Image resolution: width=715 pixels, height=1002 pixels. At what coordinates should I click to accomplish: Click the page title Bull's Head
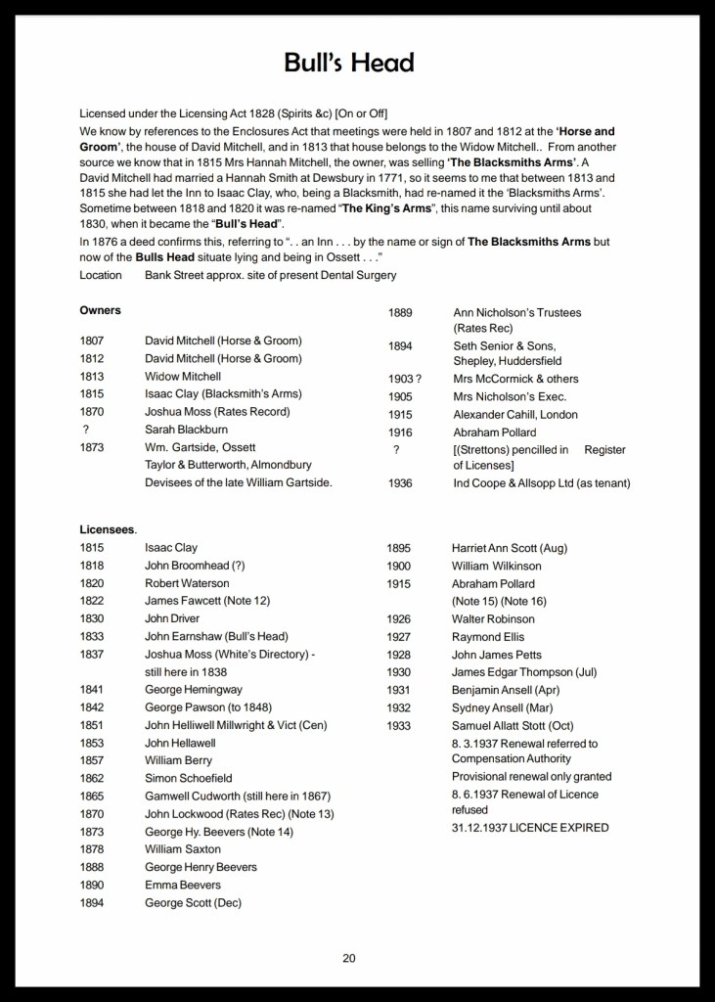click(349, 64)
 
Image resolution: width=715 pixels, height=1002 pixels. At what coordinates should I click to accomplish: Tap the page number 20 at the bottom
click(349, 957)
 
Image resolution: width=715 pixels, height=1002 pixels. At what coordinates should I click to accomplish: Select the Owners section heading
click(100, 310)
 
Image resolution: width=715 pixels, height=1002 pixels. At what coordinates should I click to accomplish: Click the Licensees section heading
click(108, 529)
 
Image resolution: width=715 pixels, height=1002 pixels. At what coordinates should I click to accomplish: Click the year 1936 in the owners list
click(401, 483)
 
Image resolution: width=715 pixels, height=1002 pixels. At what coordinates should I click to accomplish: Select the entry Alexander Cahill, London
click(516, 414)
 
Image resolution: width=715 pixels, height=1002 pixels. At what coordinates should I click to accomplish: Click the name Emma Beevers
click(183, 885)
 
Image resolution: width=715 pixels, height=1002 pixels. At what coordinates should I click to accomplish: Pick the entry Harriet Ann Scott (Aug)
click(509, 548)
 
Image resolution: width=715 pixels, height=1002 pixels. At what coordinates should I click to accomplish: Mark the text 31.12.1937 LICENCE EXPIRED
click(529, 828)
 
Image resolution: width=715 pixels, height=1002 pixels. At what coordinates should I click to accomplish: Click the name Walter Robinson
click(493, 619)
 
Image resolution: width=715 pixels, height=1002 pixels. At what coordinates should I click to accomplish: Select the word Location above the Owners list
click(102, 275)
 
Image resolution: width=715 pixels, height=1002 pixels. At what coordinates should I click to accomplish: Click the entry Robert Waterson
click(186, 583)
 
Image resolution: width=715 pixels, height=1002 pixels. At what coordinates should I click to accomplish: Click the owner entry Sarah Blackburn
click(188, 430)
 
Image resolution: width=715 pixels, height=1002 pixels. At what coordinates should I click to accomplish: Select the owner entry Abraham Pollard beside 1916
click(495, 432)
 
